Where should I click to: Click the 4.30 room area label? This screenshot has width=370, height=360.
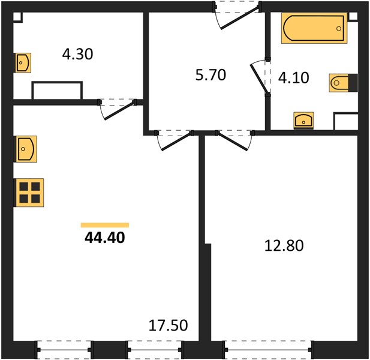77,54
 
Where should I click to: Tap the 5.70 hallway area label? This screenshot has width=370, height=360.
210,75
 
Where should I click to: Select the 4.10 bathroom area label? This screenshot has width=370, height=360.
294,77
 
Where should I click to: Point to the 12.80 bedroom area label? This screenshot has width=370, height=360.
284,245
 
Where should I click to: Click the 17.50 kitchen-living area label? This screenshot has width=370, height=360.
169,325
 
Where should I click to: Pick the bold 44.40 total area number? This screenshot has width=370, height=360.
105,238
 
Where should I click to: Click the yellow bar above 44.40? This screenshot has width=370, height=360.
105,225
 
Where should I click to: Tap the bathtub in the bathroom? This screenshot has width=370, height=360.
314,28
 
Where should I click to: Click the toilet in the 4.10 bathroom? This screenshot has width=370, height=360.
344,83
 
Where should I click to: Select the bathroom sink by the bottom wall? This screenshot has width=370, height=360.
303,121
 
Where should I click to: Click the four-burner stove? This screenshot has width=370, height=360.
30,193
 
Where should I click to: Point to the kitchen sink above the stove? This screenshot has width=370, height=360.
26,149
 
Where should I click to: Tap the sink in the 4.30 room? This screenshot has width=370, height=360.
23,63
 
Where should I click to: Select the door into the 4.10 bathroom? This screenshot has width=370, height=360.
260,77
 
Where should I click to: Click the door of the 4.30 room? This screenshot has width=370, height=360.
118,109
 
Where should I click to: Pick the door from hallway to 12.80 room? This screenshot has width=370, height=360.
234,140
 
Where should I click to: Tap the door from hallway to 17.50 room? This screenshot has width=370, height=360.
174,140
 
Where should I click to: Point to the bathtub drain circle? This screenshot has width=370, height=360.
339,29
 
